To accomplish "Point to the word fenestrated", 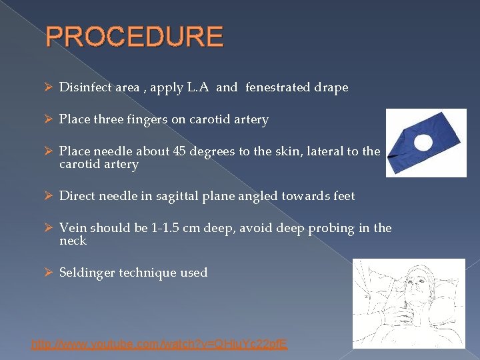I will (x=276, y=88).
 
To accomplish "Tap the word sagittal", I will (x=173, y=196).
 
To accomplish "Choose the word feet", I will (x=343, y=196).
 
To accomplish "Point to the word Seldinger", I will (x=87, y=273).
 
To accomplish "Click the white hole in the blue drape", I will (x=423, y=142).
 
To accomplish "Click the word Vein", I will (x=71, y=228).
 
